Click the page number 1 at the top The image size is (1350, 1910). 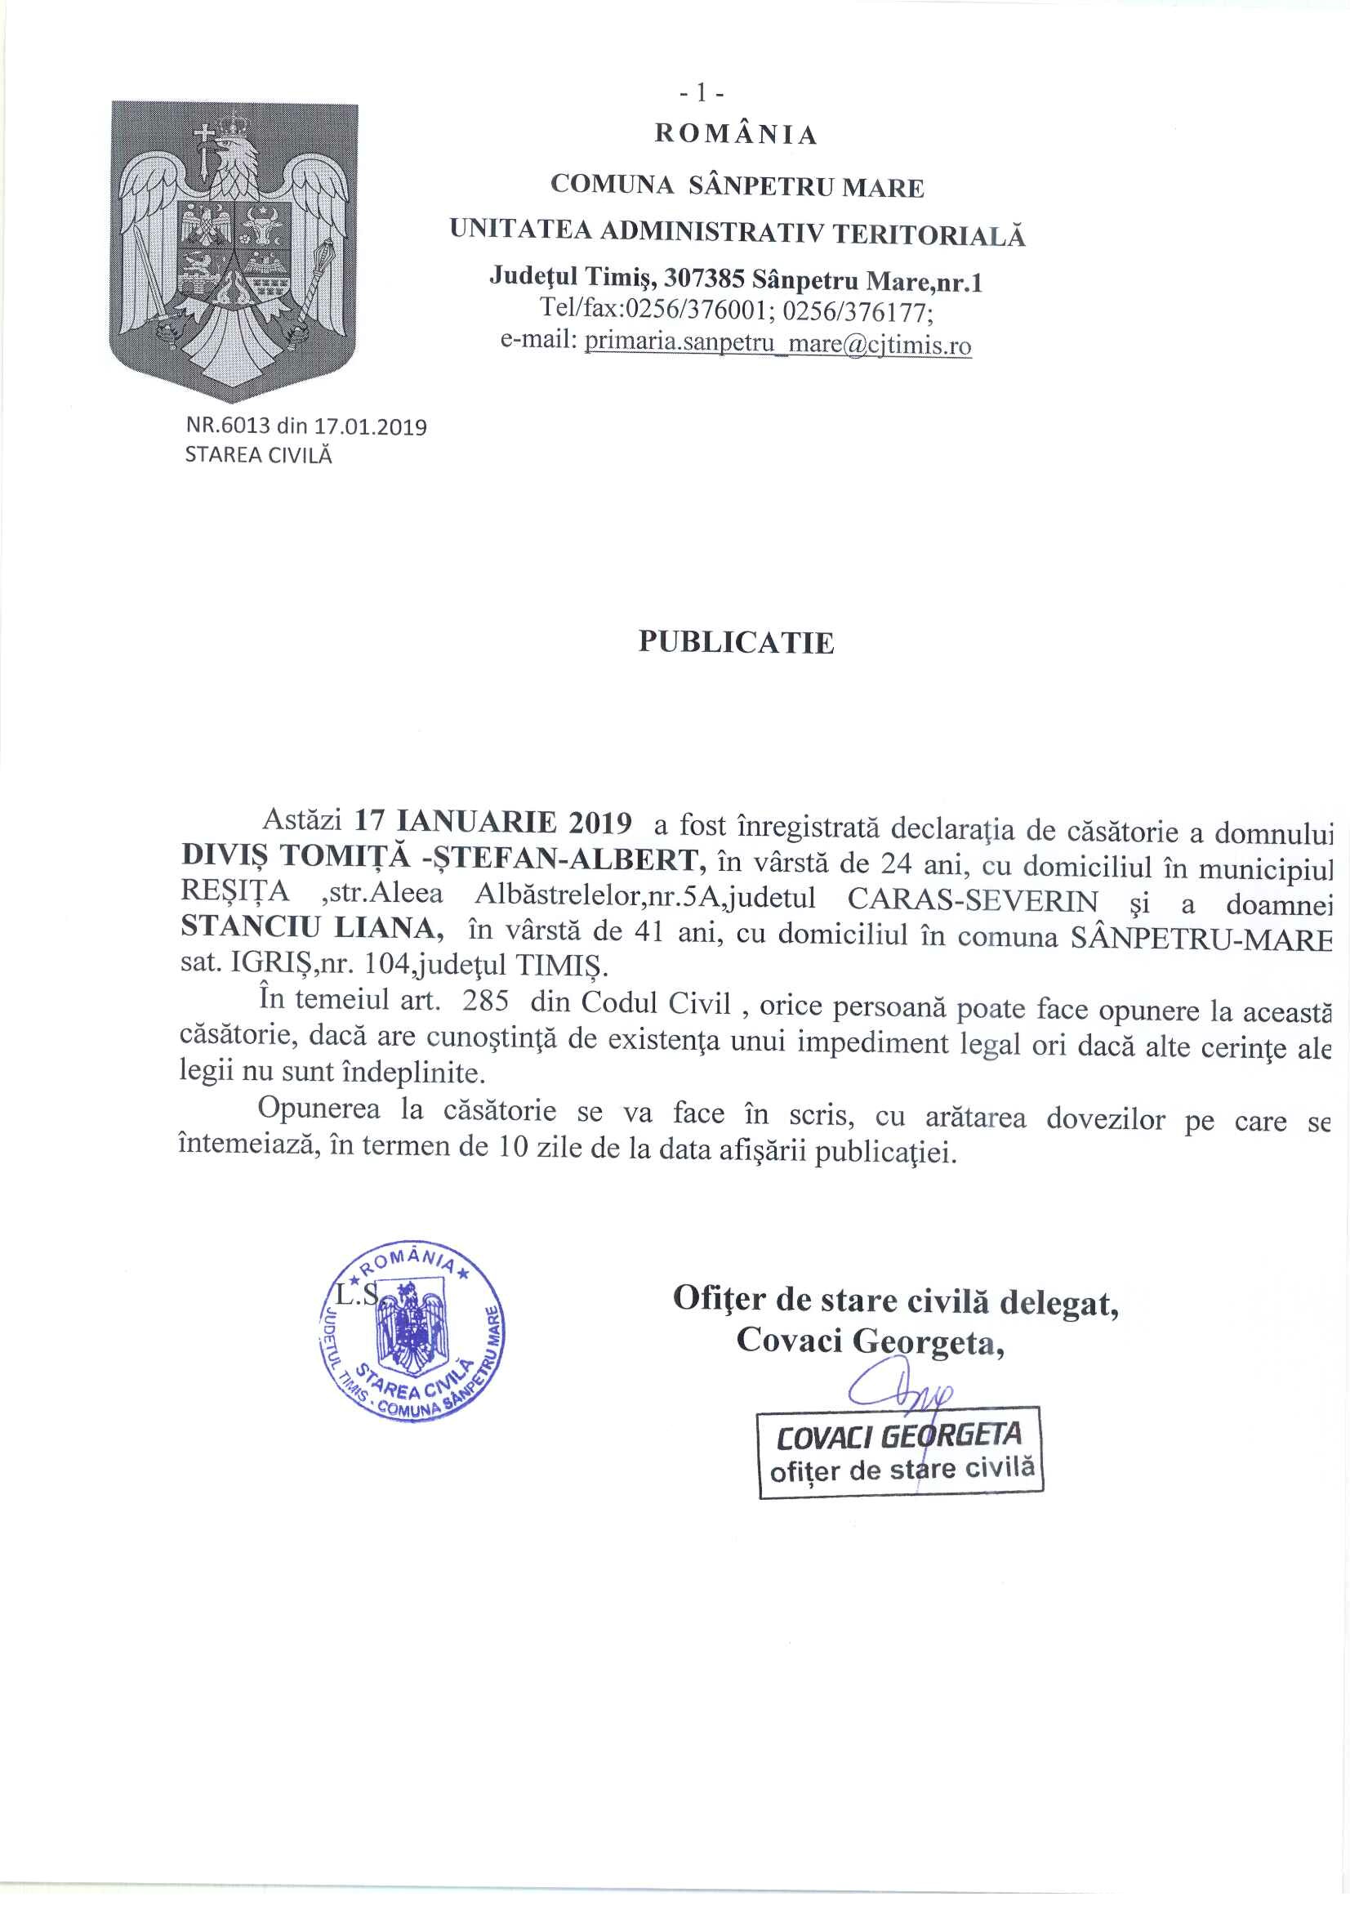tap(702, 94)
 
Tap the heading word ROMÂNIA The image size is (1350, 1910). tap(736, 135)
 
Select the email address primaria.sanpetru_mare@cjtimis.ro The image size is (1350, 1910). tap(777, 344)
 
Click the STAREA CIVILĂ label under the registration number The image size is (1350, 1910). tap(258, 455)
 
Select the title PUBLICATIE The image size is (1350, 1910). tap(736, 642)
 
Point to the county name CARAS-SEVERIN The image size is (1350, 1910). tap(973, 902)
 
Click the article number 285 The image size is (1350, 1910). tap(486, 1001)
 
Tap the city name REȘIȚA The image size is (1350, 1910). tap(235, 893)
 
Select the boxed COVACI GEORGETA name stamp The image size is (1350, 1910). tap(900, 1451)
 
